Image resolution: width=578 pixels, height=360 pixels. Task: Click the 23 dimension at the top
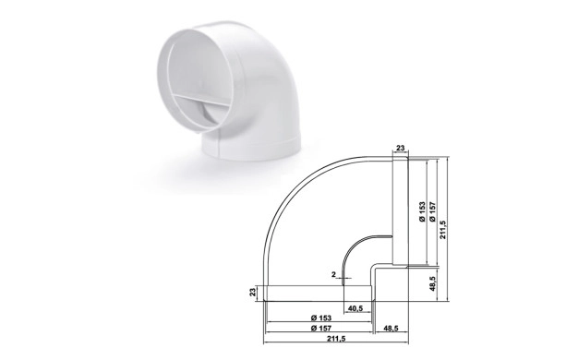coord(401,148)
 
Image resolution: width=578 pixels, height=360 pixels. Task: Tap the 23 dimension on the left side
coord(253,293)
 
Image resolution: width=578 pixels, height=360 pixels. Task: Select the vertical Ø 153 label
coord(423,211)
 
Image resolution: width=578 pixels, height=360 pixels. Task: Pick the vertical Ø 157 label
coord(432,211)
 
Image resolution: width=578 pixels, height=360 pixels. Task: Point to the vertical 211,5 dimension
coord(442,230)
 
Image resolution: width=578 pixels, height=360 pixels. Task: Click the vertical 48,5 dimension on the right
coord(433,283)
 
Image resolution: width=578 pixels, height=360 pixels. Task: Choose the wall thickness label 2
coord(333,274)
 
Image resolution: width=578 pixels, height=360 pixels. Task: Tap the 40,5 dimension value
coord(355,308)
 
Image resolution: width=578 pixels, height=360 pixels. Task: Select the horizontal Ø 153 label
coord(321,318)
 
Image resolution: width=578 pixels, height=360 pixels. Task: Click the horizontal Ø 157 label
coord(321,328)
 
